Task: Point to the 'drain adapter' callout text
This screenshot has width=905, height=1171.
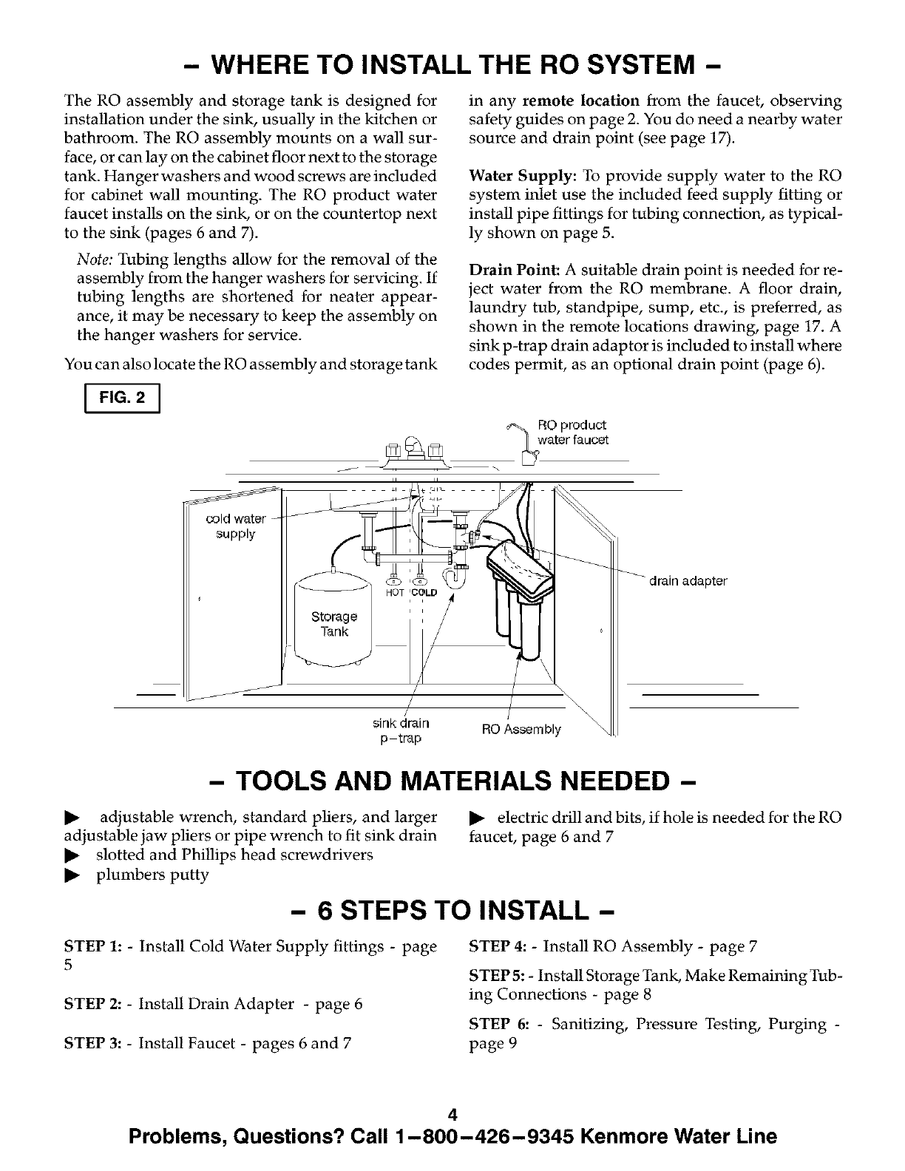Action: point(688,581)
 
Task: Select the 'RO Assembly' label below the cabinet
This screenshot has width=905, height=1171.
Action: point(521,730)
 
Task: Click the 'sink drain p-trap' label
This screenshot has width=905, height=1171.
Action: point(401,730)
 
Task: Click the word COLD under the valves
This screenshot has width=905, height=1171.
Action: point(424,593)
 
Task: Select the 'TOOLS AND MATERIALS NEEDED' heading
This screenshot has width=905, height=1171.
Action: point(452,781)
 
